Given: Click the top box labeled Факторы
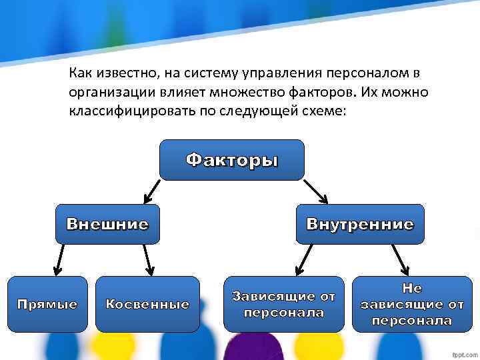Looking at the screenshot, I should tap(231, 160).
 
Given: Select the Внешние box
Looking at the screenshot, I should tap(107, 224).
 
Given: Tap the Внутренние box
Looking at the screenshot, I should tap(360, 224).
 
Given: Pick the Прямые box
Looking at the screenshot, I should tap(47, 304).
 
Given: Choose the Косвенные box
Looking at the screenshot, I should tap(147, 304).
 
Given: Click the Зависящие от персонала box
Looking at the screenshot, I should tap(283, 304).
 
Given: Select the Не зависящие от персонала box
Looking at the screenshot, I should tap(411, 304).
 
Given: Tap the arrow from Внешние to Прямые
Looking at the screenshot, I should tap(60, 260).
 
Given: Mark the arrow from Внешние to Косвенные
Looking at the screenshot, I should tap(148, 260).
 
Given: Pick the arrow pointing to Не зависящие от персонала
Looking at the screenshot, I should tap(399, 260).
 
